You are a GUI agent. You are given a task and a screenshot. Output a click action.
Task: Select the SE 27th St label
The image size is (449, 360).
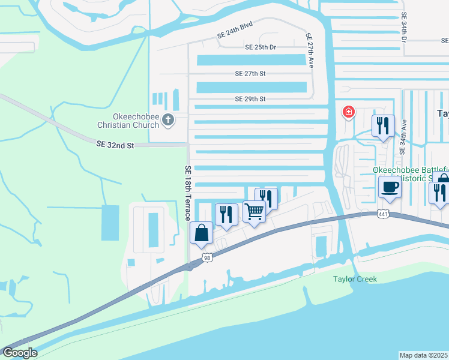250,73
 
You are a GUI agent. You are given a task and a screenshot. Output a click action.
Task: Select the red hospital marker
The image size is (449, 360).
348,112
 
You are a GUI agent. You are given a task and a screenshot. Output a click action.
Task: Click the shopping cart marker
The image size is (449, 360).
254,211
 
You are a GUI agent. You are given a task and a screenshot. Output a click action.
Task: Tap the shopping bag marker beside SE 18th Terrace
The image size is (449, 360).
201,233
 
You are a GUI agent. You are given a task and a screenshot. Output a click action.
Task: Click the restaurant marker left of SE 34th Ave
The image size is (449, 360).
382,125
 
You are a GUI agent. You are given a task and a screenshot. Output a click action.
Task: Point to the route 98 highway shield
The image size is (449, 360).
207,258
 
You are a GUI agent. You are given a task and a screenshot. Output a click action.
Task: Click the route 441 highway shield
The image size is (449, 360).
383,214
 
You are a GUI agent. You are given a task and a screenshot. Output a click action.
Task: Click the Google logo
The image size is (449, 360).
20,353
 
